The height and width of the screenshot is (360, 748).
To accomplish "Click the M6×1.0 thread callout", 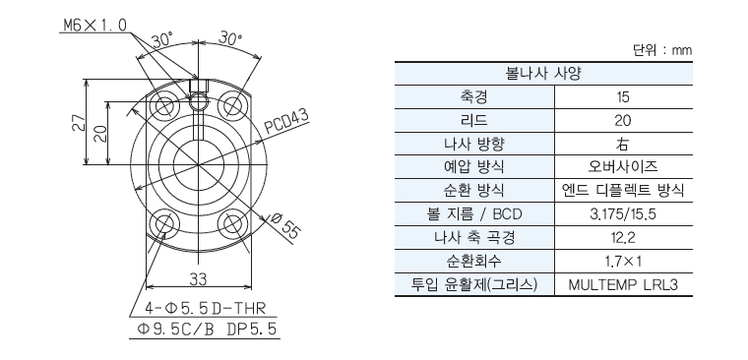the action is tap(94, 25).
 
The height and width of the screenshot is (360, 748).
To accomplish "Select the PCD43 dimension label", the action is tap(286, 122).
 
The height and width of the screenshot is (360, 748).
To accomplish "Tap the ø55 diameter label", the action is tap(285, 225).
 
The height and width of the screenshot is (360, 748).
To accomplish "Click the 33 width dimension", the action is tap(198, 279).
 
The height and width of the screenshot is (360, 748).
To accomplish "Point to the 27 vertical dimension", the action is tap(79, 124).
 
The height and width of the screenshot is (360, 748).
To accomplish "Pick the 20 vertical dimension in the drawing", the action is tap(100, 133).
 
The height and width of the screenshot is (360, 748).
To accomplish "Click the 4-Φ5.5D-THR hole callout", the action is tap(206, 309).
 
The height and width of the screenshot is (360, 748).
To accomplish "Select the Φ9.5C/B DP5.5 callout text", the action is tap(206, 329).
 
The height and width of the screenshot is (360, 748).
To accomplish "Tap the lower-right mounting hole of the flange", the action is tap(233, 222).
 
